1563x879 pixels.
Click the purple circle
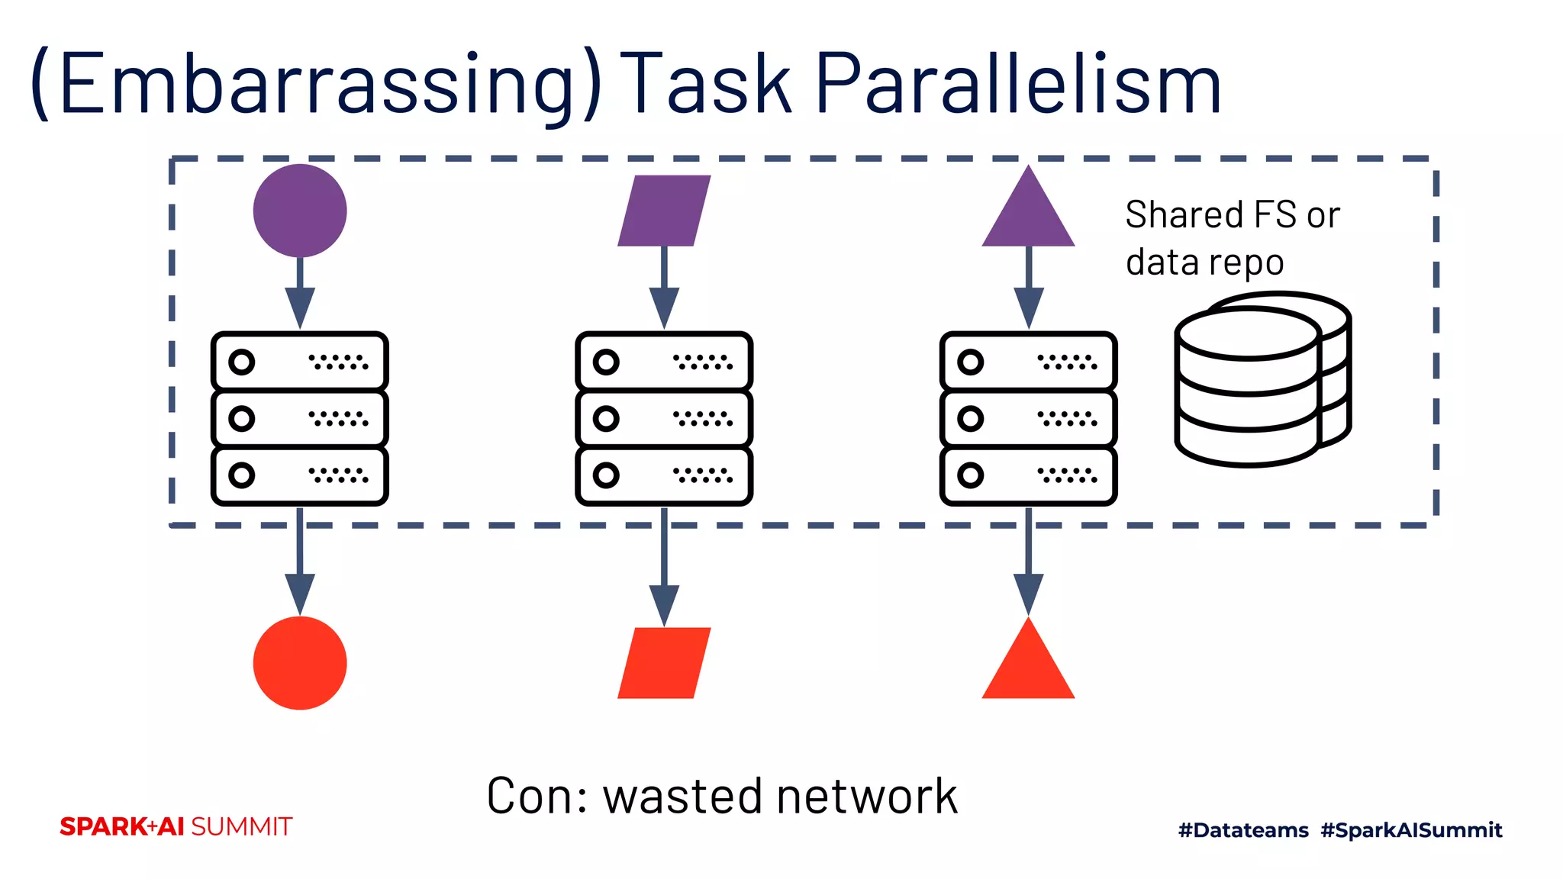point(300,211)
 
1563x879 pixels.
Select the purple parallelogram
point(664,211)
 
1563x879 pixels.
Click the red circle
point(300,662)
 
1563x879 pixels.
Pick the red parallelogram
point(664,662)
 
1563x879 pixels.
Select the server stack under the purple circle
point(300,418)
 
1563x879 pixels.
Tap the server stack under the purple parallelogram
point(664,418)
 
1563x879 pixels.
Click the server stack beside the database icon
point(1028,418)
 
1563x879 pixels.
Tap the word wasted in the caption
point(683,797)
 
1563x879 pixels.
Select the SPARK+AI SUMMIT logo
point(176,826)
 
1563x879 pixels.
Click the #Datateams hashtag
point(1243,830)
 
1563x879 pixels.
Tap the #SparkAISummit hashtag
point(1411,830)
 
